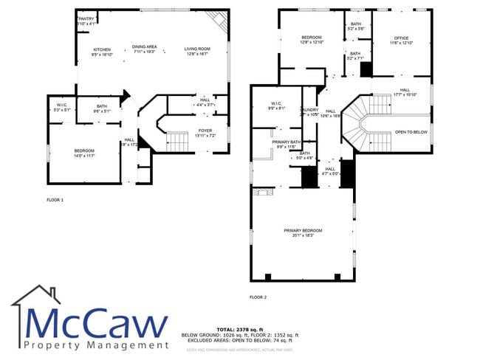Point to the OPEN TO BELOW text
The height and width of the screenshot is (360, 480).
point(411,132)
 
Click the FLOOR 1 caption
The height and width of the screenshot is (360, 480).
point(55,200)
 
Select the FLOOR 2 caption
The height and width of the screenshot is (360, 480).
point(258,297)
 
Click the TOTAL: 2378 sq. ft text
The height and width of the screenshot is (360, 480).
point(236,329)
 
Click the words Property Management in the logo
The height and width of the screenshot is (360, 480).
point(96,345)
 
